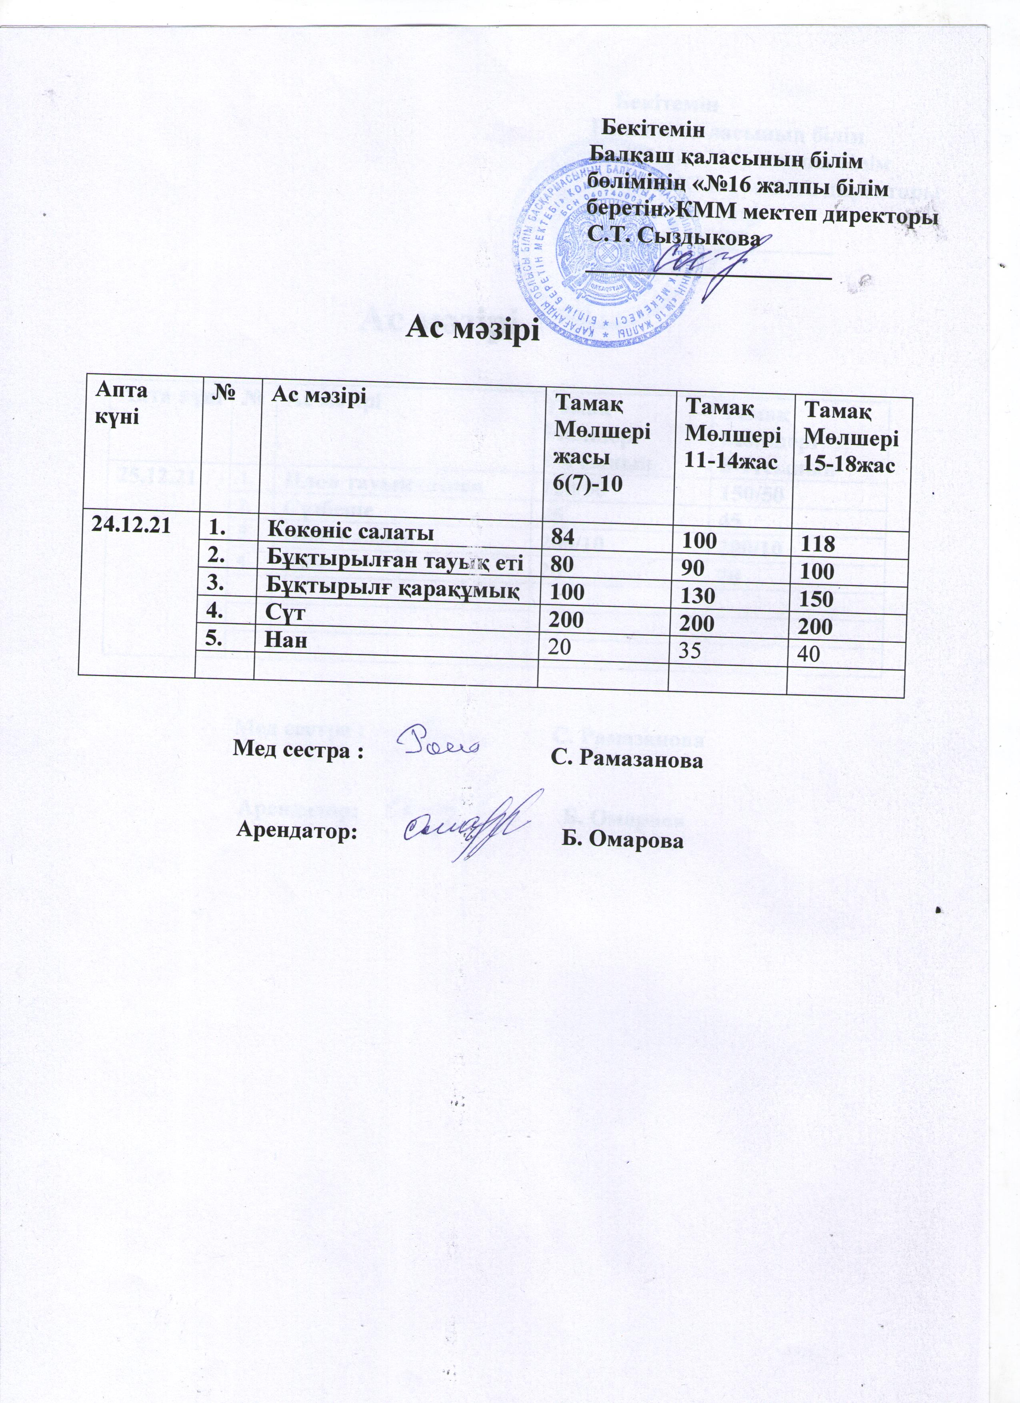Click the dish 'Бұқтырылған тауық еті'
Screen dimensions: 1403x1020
(395, 563)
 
